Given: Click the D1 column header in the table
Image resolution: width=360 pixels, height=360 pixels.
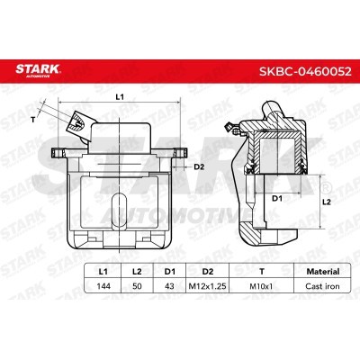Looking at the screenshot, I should (167, 269).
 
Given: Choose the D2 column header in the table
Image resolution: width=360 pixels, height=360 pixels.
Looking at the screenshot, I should (206, 269).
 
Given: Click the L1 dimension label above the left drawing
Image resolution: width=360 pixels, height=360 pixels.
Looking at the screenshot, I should (120, 95).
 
